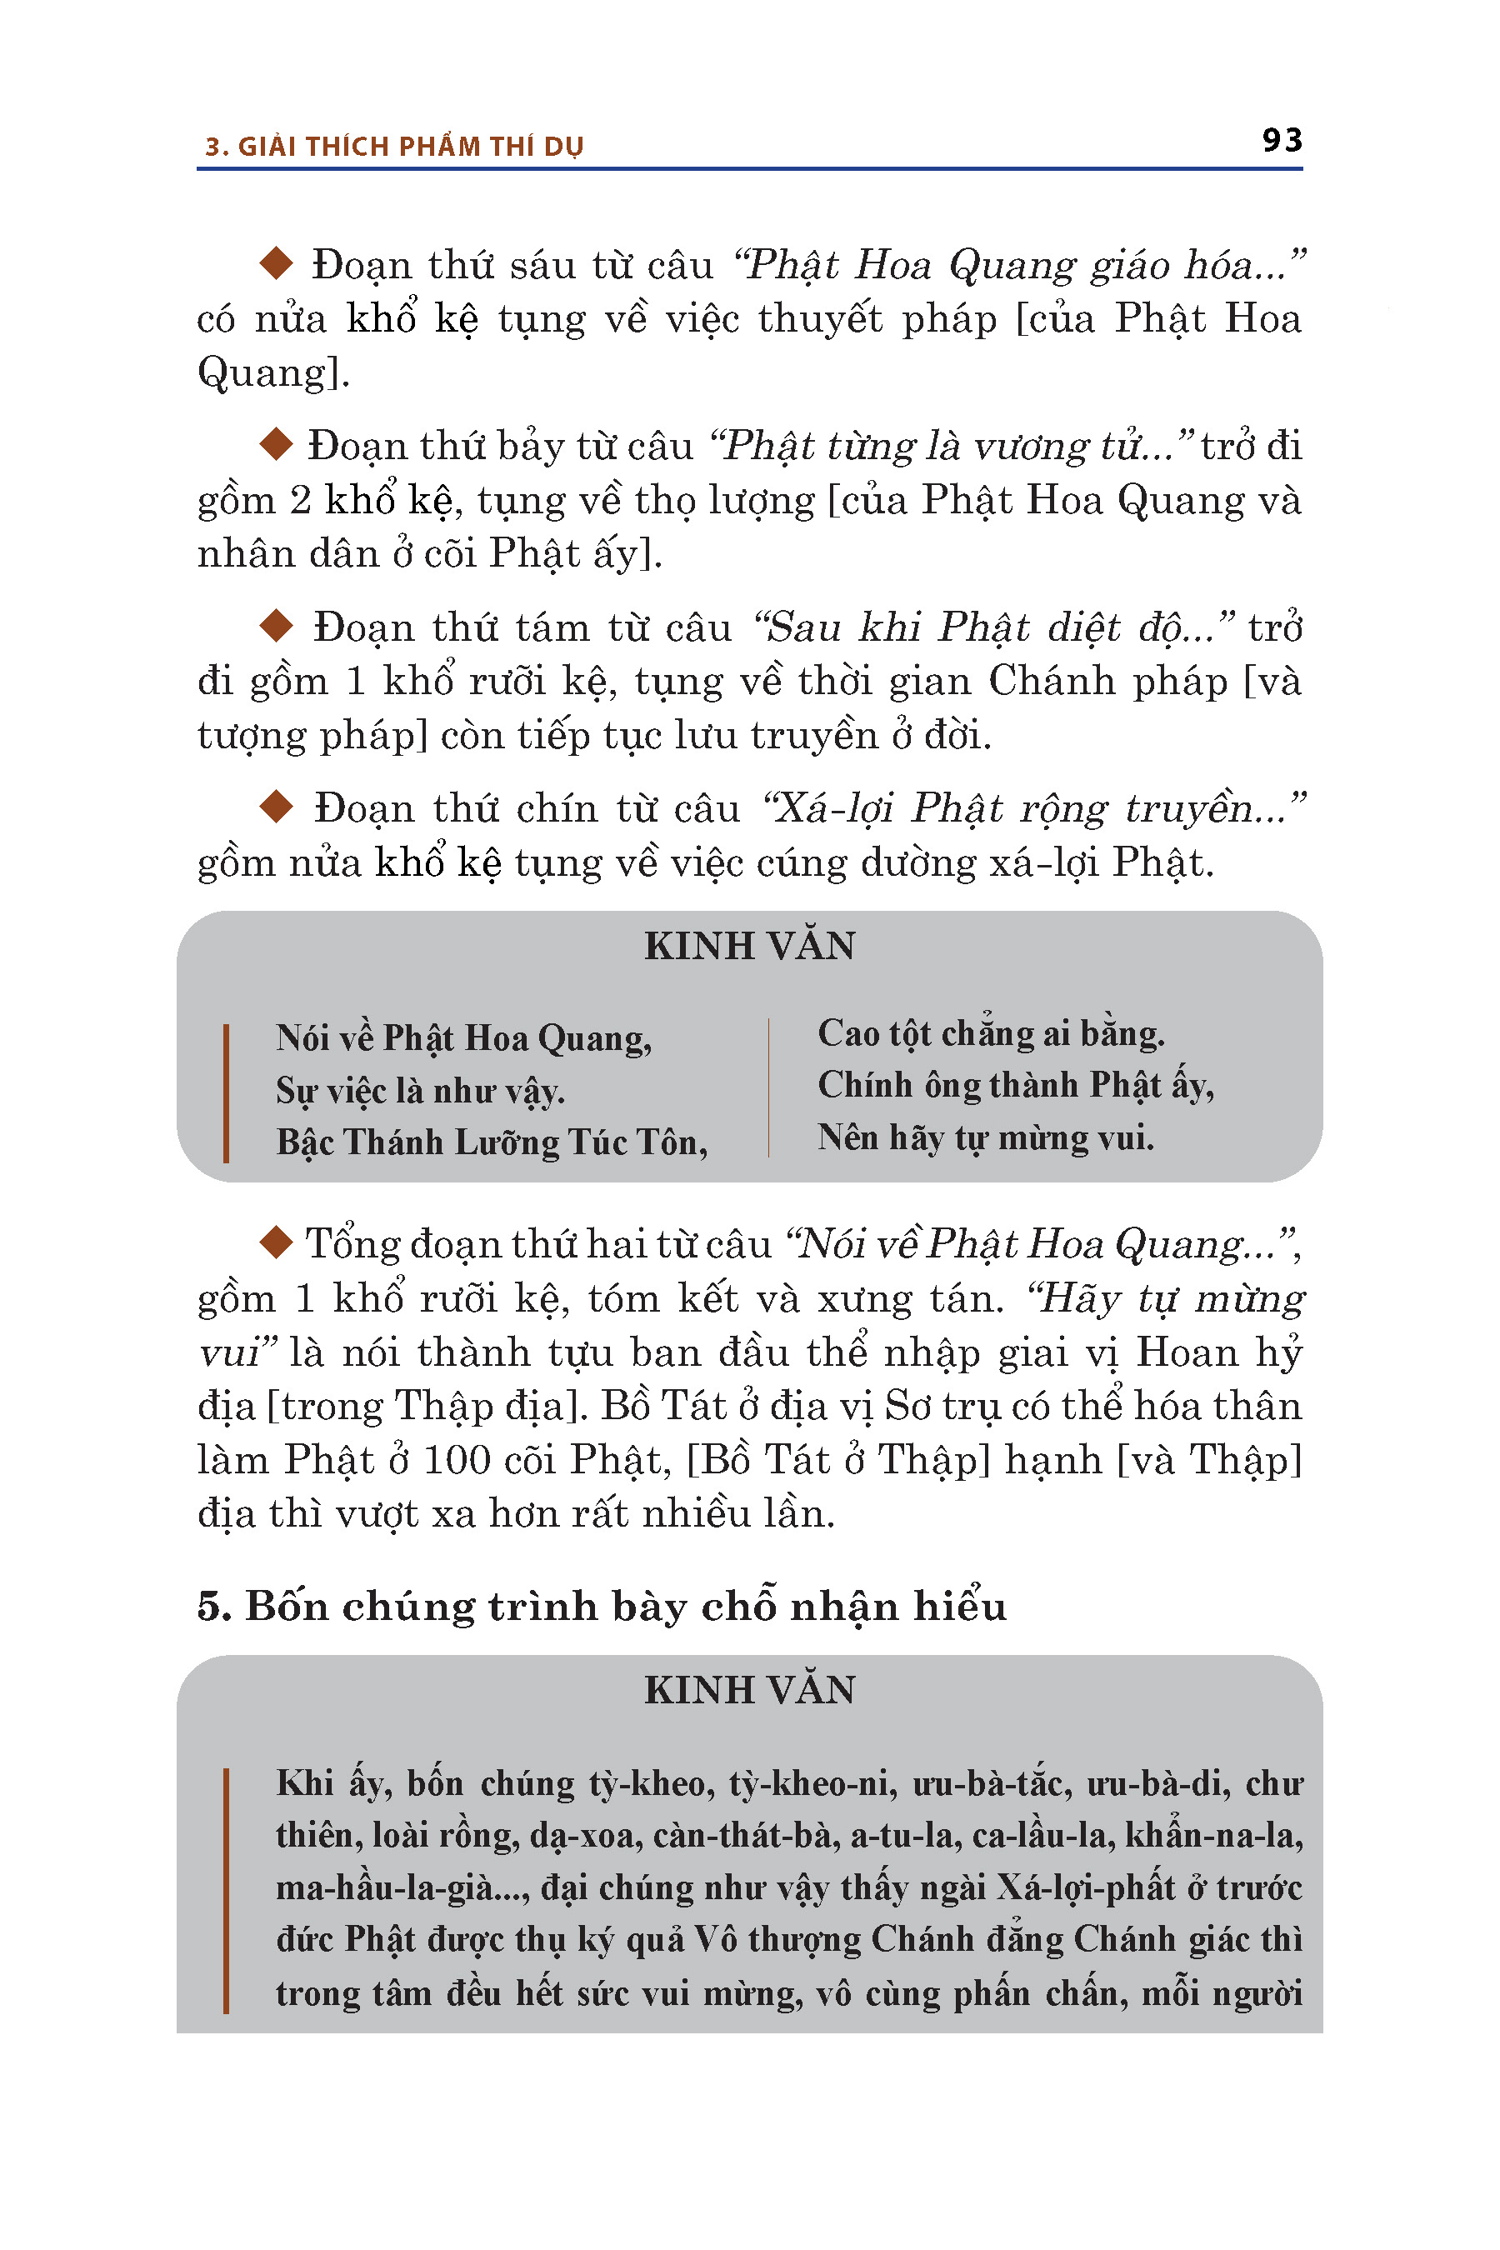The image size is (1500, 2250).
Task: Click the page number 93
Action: [x=1281, y=141]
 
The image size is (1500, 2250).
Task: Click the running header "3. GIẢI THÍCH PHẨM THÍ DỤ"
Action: [x=394, y=147]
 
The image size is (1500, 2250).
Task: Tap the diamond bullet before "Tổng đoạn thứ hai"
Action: [x=277, y=1242]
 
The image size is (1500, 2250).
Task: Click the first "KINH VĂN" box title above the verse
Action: [x=749, y=946]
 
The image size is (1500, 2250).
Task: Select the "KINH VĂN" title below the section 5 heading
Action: [x=749, y=1690]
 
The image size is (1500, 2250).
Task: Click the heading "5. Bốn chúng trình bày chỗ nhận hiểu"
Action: [x=602, y=1606]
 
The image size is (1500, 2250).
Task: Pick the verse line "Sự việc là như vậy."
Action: [x=420, y=1091]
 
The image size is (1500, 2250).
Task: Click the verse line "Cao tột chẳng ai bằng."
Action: [x=990, y=1034]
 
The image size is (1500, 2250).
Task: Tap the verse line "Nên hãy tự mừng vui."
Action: [x=985, y=1137]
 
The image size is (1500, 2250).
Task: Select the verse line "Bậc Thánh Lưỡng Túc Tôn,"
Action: [x=492, y=1142]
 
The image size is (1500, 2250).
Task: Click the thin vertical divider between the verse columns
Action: [x=768, y=1087]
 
